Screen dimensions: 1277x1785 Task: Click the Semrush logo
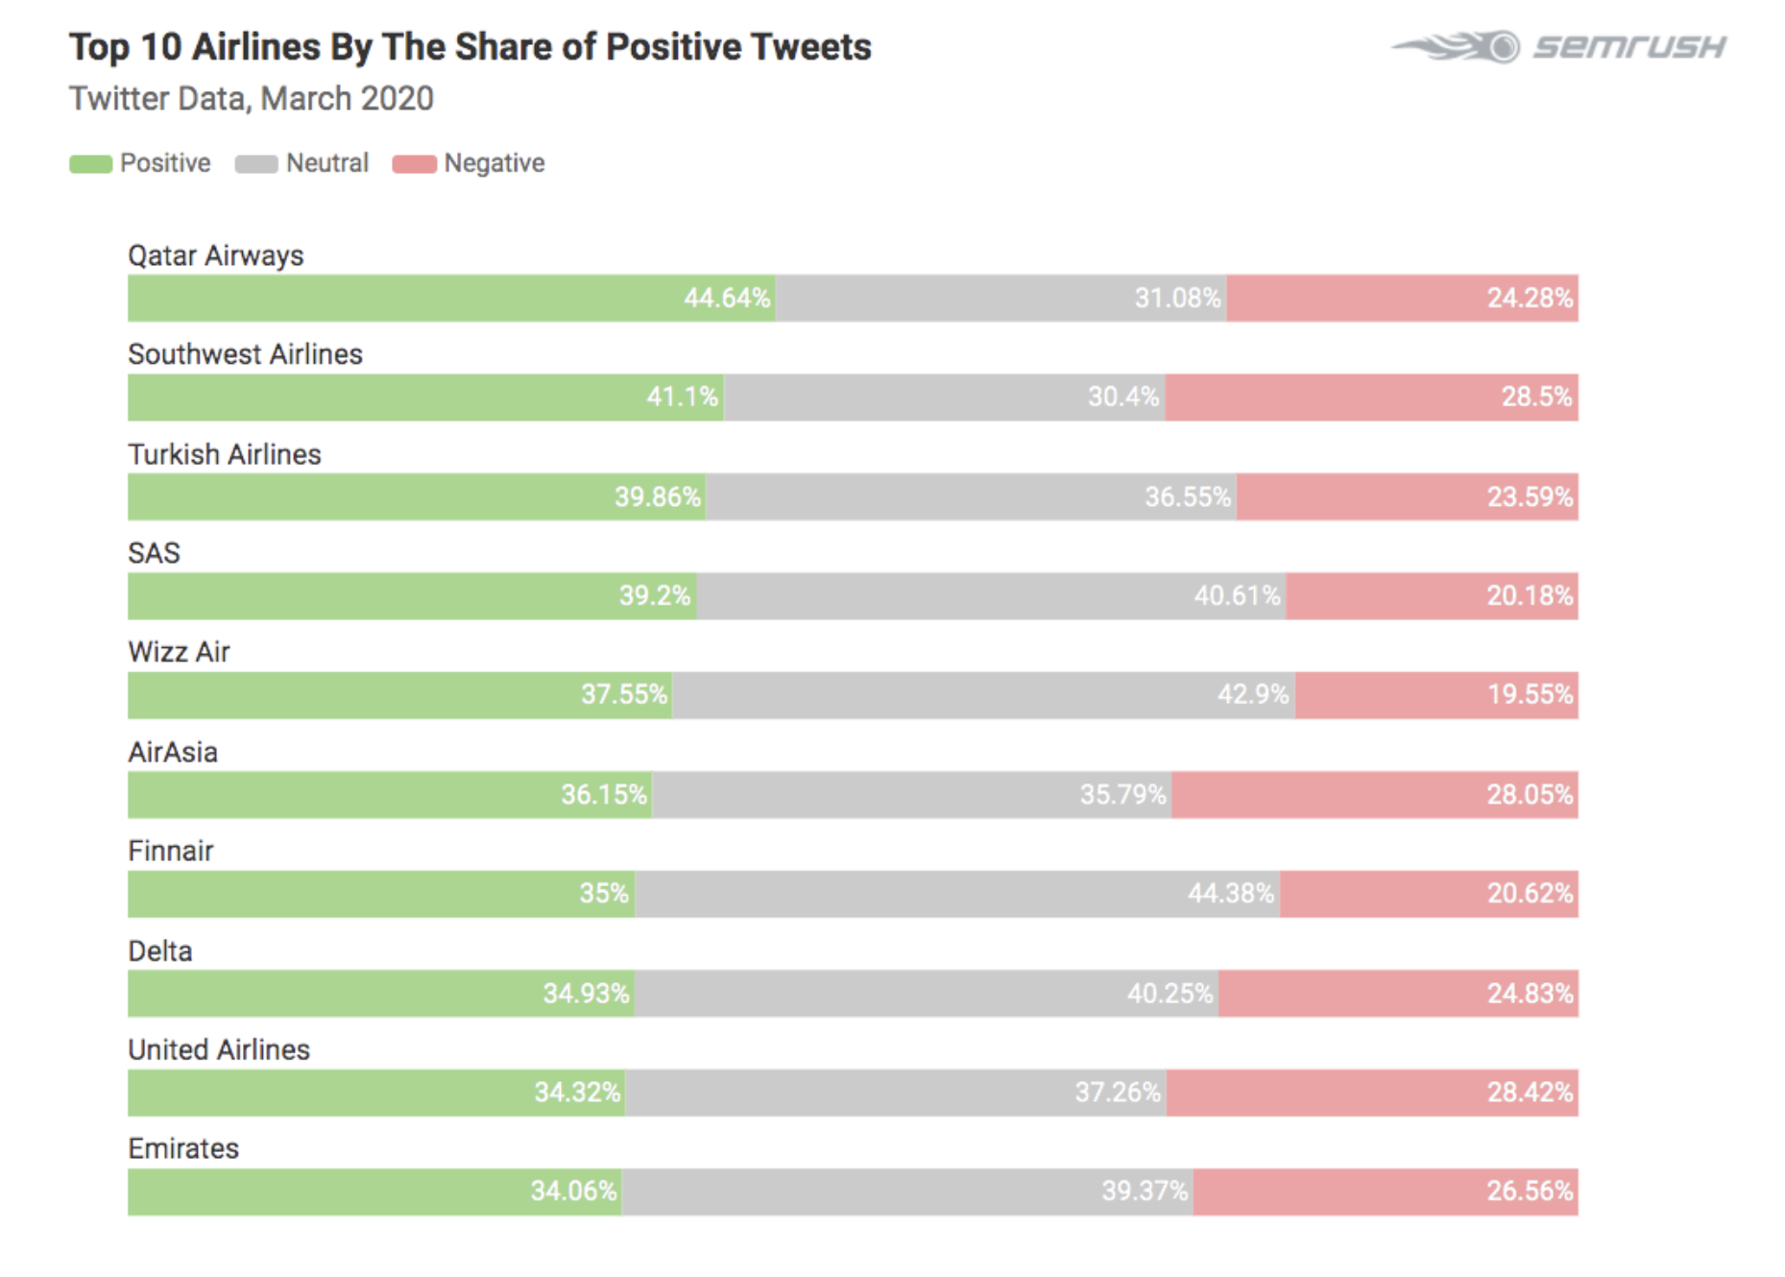coord(1557,46)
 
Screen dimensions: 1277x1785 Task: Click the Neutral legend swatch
coord(256,164)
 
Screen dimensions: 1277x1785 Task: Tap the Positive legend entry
coord(140,163)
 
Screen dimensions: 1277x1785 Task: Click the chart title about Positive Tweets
coord(470,47)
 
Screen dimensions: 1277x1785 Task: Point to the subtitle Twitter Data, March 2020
coord(252,99)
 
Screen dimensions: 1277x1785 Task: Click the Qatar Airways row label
coord(216,255)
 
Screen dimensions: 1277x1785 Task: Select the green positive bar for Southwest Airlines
coord(425,397)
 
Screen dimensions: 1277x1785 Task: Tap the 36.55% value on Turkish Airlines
coord(1187,496)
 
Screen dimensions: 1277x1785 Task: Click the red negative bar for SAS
coord(1432,595)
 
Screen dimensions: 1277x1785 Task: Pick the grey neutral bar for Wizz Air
coord(983,694)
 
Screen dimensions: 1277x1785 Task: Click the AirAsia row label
coord(173,752)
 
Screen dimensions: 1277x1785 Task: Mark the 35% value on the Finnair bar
coord(604,893)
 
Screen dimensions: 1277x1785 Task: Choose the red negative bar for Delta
coord(1398,993)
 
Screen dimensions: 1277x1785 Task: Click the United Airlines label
coord(219,1049)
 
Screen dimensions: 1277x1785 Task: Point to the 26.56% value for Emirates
coord(1530,1191)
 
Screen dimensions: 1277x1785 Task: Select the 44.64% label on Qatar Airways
coord(727,298)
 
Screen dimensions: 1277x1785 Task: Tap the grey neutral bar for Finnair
coord(956,893)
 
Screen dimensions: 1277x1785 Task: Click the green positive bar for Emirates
coord(374,1191)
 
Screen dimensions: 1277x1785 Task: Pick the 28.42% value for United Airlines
coord(1530,1092)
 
